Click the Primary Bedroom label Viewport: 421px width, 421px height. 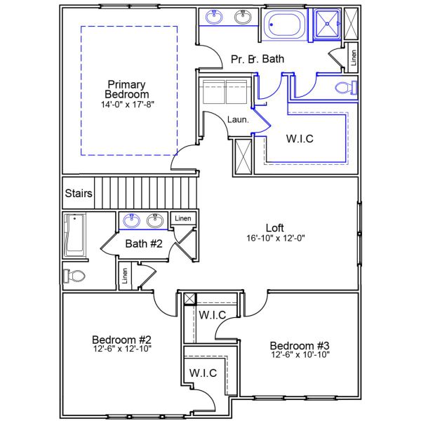point(127,89)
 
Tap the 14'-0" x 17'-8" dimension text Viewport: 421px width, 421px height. point(127,104)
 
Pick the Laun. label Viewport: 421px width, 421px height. point(238,120)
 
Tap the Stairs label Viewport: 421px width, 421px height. point(78,193)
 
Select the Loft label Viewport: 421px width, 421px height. point(274,227)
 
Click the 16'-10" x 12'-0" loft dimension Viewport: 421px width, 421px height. point(274,238)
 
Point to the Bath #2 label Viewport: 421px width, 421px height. point(144,244)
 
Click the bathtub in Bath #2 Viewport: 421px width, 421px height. point(74,234)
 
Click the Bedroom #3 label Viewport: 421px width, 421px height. point(300,345)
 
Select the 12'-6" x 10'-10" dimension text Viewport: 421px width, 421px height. point(300,355)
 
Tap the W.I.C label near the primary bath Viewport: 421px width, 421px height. point(300,138)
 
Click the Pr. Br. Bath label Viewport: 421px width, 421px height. point(258,60)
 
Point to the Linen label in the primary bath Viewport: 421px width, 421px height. point(352,57)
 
